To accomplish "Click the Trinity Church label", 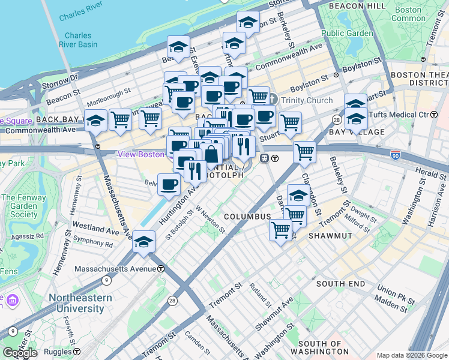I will (306, 100).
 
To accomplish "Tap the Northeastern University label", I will (80, 303).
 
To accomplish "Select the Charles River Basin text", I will (79, 40).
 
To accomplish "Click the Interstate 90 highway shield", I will (396, 155).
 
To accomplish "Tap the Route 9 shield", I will (106, 280).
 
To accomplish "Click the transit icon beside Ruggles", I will (77, 352).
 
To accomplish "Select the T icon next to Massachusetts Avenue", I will (161, 269).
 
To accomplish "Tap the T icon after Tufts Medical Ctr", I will (433, 115).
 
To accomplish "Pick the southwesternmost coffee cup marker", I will (169, 184).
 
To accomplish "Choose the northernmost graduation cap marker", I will (248, 23).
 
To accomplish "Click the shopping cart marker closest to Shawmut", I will (280, 229).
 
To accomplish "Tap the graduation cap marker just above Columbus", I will (298, 195).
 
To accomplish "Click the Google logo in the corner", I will (20, 353).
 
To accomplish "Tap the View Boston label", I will (142, 154).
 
